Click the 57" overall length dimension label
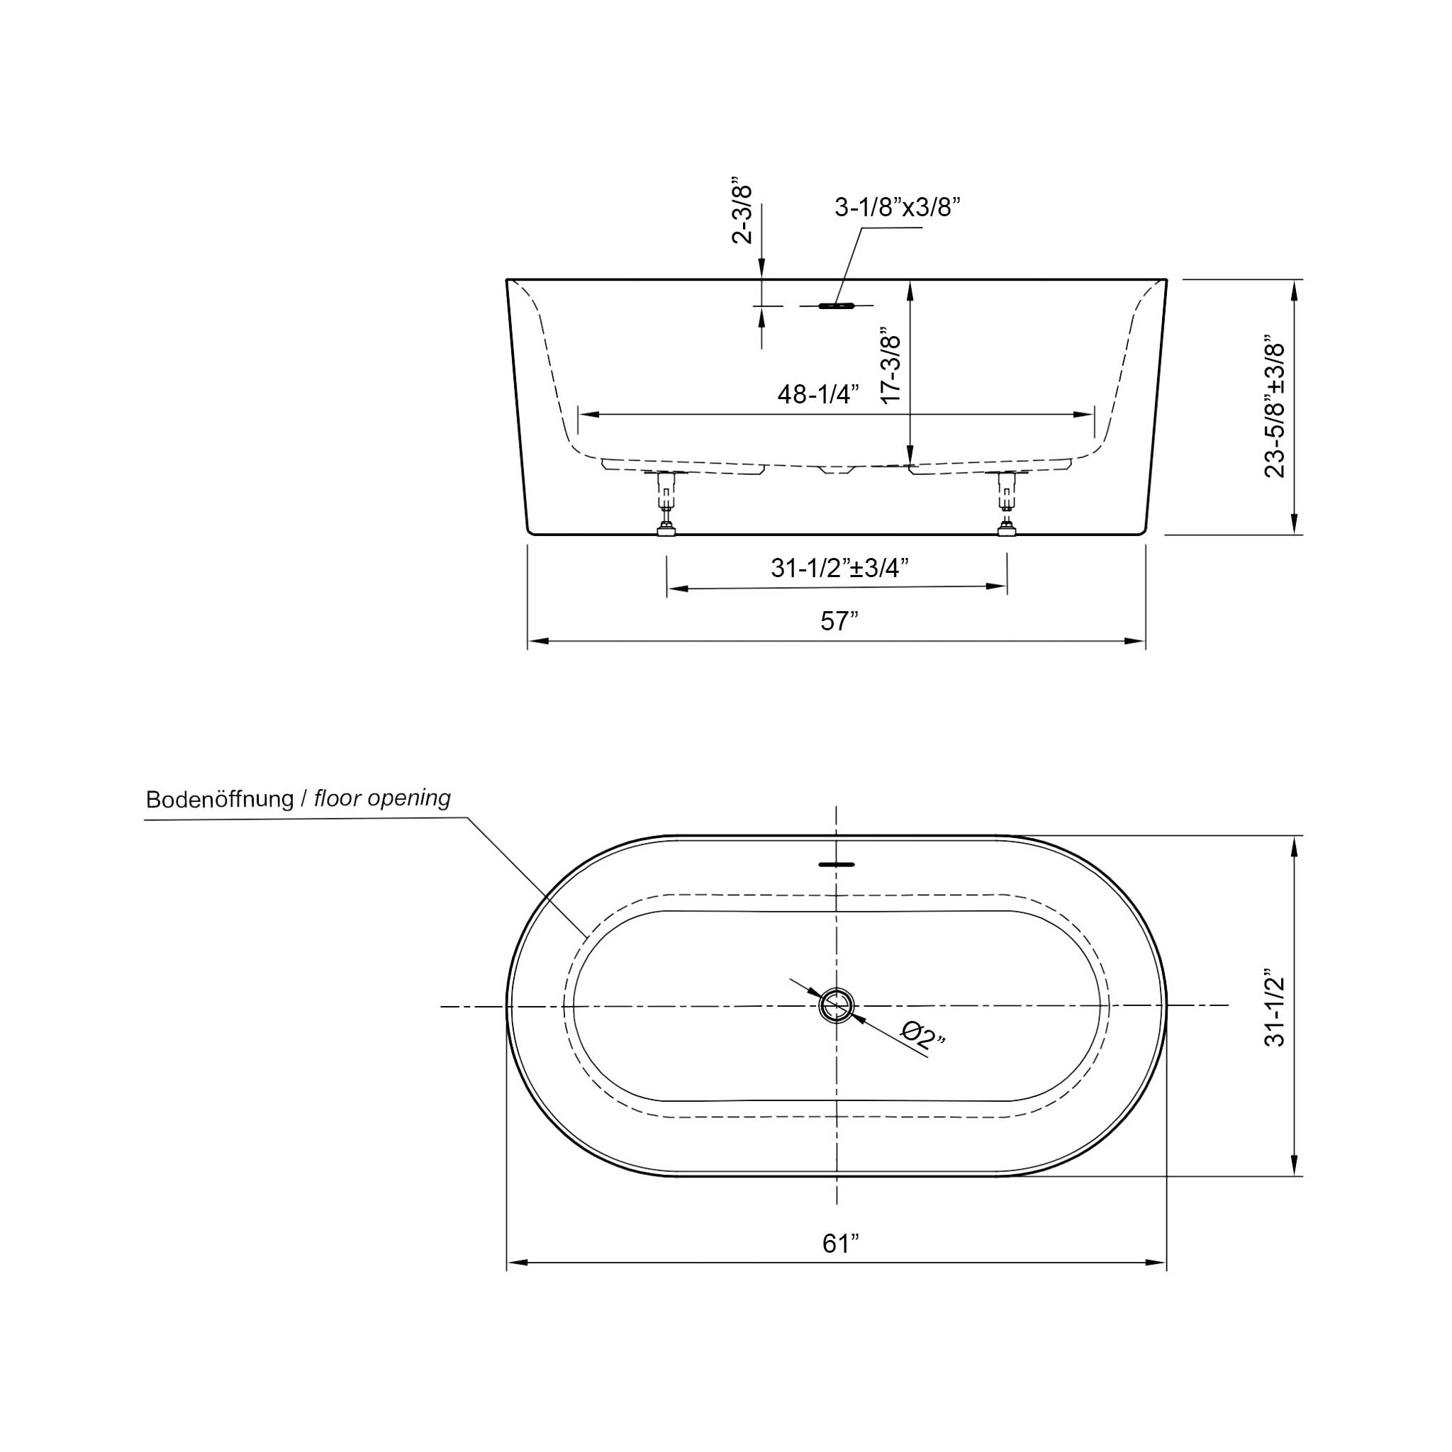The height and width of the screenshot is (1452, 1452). [x=839, y=621]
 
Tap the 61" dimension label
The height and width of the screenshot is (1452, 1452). [x=839, y=1244]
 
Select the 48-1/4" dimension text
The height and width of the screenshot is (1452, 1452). [x=817, y=393]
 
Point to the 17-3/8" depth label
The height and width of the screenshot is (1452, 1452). [x=890, y=365]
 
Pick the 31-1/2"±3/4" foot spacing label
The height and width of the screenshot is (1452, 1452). [x=839, y=567]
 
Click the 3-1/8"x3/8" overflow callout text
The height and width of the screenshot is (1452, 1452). [x=898, y=207]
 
